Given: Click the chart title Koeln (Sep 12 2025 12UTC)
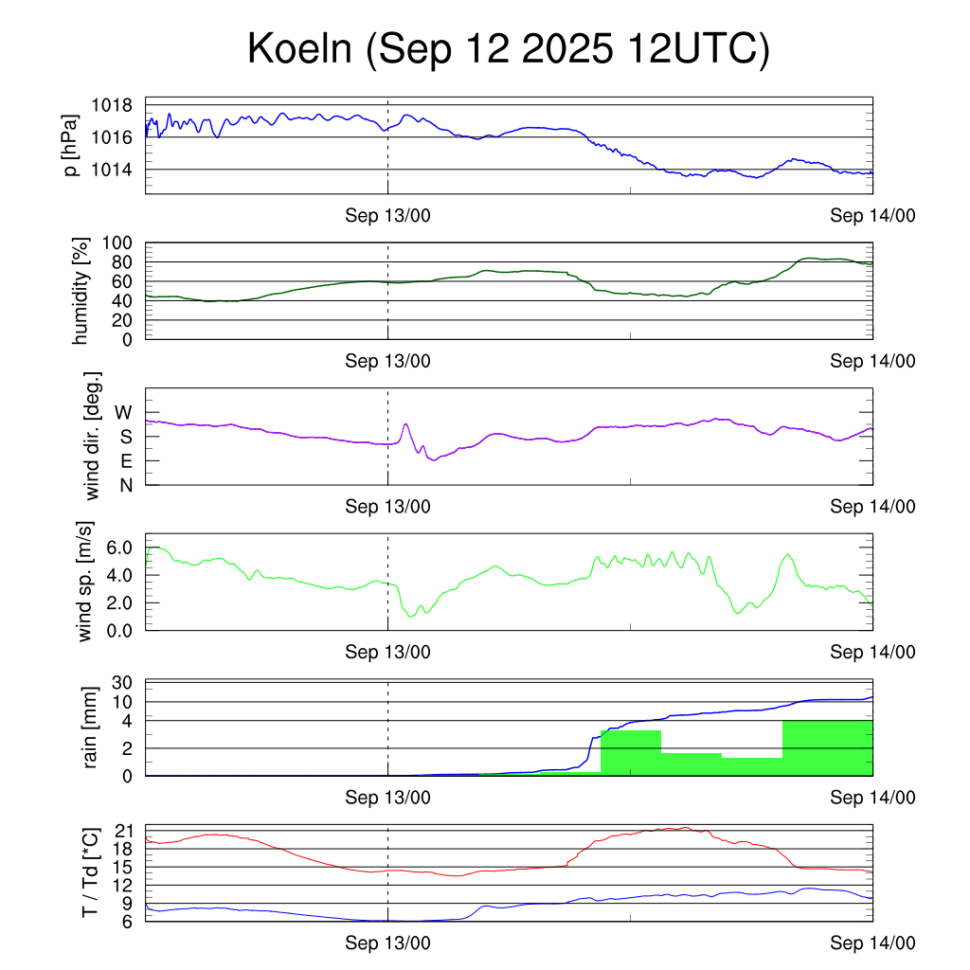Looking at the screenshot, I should coord(508,49).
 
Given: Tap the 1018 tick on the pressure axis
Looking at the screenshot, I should coord(117,105).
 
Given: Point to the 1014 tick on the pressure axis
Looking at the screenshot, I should coord(117,170).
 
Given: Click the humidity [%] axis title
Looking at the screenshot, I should coord(82,291).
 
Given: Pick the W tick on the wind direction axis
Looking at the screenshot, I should coord(123,412).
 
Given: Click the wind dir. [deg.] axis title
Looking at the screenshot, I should coord(92,436).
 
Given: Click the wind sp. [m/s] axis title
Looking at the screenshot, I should coord(87,582).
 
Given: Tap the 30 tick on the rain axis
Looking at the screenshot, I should coord(122,683).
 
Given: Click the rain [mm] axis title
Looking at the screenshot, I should coord(91,728).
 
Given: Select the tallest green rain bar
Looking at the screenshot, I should coord(827,748).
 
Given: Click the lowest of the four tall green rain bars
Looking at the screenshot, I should coord(751,766).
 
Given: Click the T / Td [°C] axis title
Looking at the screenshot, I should coord(91,873).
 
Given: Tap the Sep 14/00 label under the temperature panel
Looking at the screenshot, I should coord(872,943).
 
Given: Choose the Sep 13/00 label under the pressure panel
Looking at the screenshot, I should coord(387,216).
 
